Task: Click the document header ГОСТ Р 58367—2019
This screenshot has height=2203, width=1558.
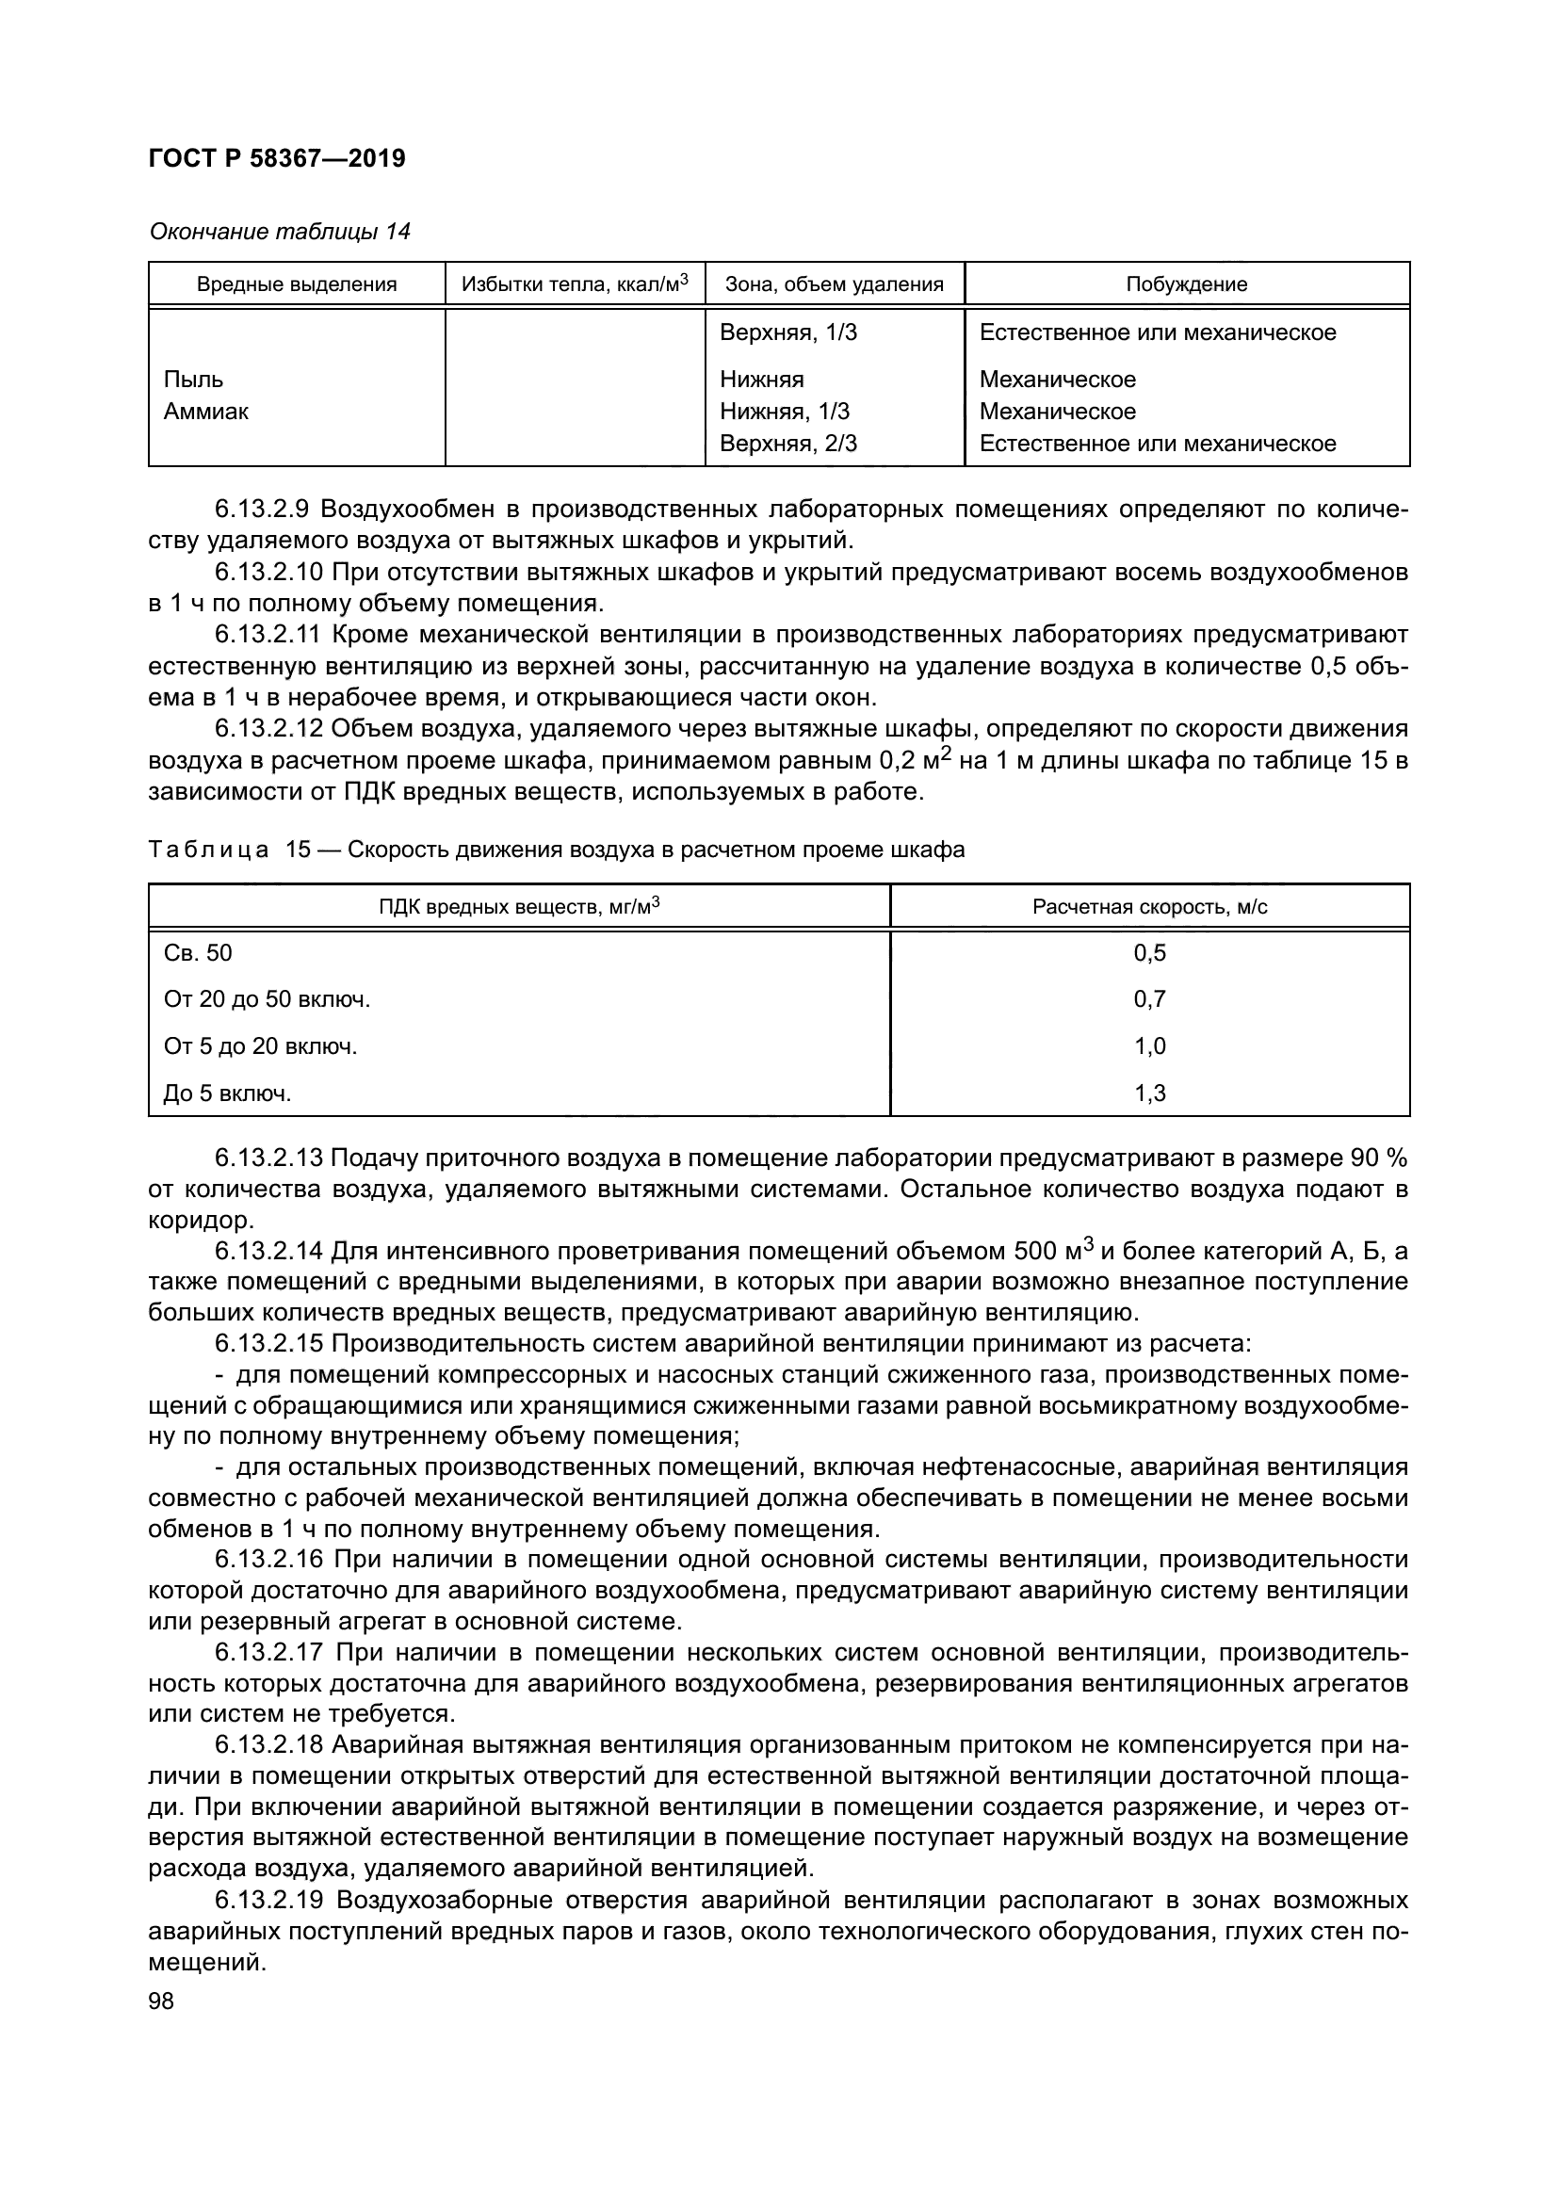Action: click(277, 158)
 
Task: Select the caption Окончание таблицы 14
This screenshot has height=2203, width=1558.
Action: click(279, 232)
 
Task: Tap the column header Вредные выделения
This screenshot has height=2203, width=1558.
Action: click(297, 284)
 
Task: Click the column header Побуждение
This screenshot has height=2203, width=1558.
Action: click(1186, 284)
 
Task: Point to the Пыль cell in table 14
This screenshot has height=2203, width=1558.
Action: click(194, 379)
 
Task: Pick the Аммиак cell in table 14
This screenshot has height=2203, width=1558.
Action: click(206, 412)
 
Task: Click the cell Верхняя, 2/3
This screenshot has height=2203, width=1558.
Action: click(787, 444)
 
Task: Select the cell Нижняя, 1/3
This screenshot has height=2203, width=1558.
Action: click(784, 412)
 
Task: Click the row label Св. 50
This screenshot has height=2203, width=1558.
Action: click(198, 953)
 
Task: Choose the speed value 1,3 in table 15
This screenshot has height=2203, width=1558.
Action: click(1149, 1093)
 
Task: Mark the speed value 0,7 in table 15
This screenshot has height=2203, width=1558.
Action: click(1149, 998)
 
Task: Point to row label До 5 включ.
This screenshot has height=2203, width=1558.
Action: click(227, 1093)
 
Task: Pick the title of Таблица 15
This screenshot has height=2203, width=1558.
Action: click(557, 850)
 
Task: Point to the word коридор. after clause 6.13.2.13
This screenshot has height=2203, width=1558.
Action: click(202, 1221)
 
